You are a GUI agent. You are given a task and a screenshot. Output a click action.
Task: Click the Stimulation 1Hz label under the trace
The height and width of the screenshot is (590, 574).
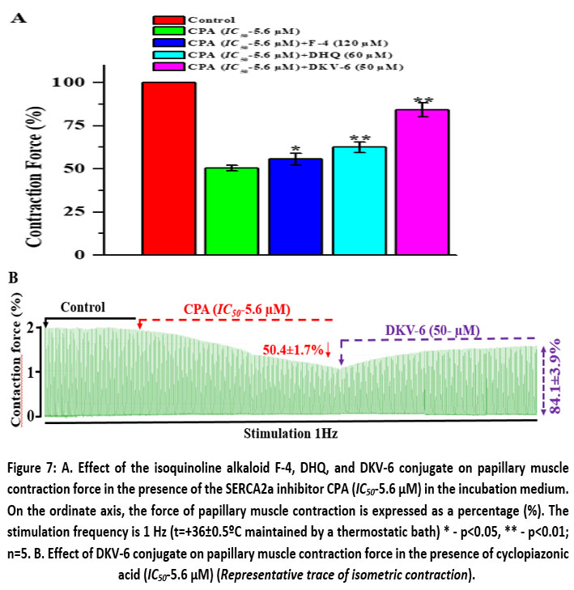[x=291, y=434]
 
